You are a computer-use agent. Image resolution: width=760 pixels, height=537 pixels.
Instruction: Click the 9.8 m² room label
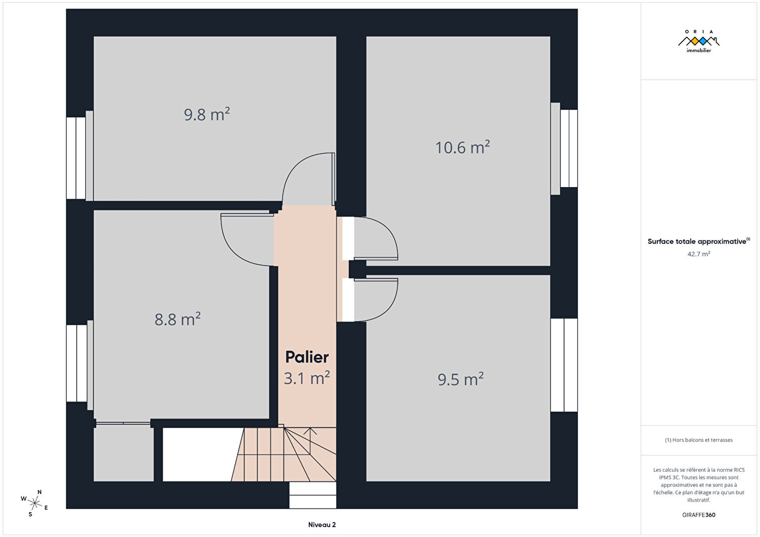coord(207,114)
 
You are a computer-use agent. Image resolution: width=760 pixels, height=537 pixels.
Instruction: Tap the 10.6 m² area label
coord(463,147)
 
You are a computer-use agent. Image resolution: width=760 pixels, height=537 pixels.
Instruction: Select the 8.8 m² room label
coord(177,319)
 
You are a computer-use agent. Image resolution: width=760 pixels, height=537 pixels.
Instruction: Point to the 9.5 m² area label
coord(460,379)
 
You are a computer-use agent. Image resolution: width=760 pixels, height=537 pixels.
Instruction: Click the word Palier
coord(307,357)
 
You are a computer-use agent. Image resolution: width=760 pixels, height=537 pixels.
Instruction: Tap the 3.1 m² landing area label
coord(307,378)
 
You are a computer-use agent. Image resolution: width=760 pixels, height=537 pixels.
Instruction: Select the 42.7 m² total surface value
coord(699,254)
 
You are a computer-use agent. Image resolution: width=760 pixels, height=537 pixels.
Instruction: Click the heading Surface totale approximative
coord(697,241)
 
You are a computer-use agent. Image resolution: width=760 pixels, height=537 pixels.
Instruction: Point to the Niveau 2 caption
coord(322,525)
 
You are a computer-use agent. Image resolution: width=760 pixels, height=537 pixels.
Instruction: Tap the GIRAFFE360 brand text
coord(699,515)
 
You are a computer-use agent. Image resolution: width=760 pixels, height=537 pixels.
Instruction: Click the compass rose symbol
coord(34,503)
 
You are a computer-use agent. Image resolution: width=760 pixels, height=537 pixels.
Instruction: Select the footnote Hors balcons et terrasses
coord(699,439)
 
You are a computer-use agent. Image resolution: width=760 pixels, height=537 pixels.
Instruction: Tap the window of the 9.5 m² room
coord(564,365)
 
